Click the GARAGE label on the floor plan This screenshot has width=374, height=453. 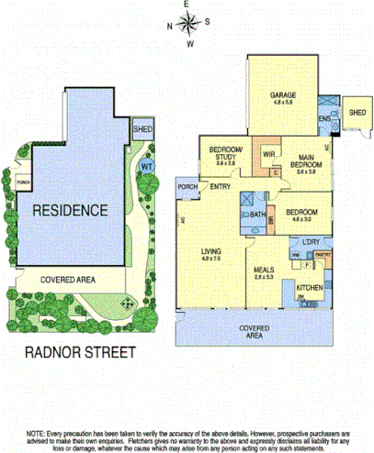[x=282, y=95]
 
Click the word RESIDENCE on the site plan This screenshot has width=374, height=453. [x=70, y=210]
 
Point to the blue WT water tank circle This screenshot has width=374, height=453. [x=145, y=167]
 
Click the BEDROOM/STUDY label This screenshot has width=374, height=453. [x=226, y=152]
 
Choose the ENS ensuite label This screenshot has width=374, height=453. [x=324, y=119]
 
